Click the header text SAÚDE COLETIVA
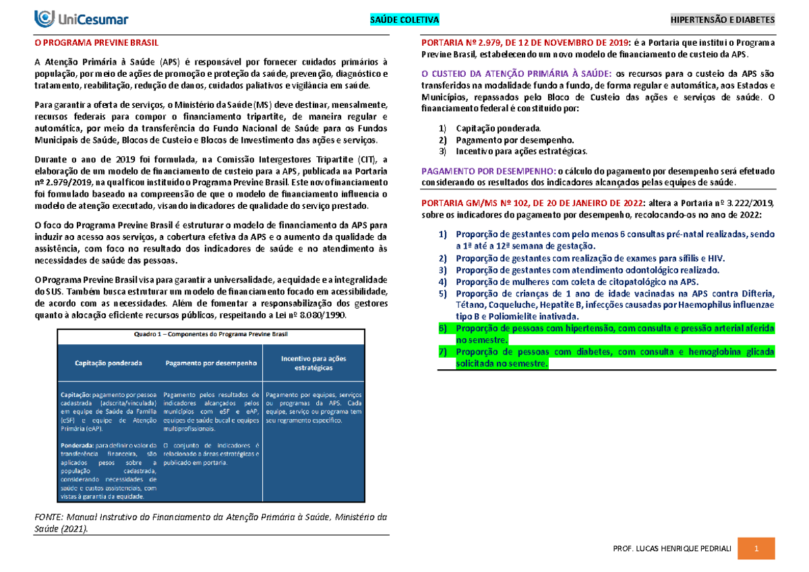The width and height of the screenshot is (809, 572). click(404, 20)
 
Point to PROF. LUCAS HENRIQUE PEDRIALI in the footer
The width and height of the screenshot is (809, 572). click(671, 550)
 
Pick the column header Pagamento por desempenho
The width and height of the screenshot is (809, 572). click(211, 363)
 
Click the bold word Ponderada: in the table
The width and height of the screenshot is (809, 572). click(77, 445)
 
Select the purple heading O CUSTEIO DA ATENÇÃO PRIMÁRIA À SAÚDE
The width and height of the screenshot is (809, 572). click(516, 73)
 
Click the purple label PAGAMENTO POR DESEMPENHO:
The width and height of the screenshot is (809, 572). click(489, 171)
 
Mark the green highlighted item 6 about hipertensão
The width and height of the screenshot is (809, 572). click(607, 333)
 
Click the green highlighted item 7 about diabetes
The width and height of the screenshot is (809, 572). click(607, 358)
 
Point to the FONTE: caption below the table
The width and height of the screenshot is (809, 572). click(210, 523)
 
